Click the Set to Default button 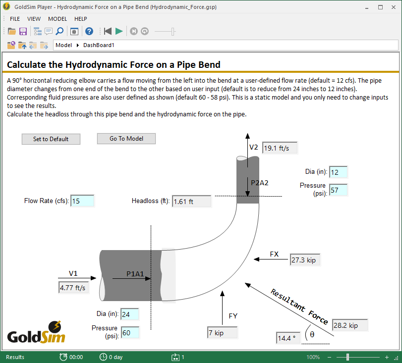51,139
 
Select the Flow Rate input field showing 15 82,201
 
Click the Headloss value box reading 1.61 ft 191,202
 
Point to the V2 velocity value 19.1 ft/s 280,148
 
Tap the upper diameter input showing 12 338,172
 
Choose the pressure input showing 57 338,190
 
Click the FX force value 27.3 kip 306,260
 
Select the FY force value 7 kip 223,333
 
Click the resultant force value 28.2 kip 350,325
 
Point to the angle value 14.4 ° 289,338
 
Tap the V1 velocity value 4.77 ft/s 73,288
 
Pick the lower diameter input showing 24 129,314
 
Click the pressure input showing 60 129,333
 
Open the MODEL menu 57,19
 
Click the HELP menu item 81,19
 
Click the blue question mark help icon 89,31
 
